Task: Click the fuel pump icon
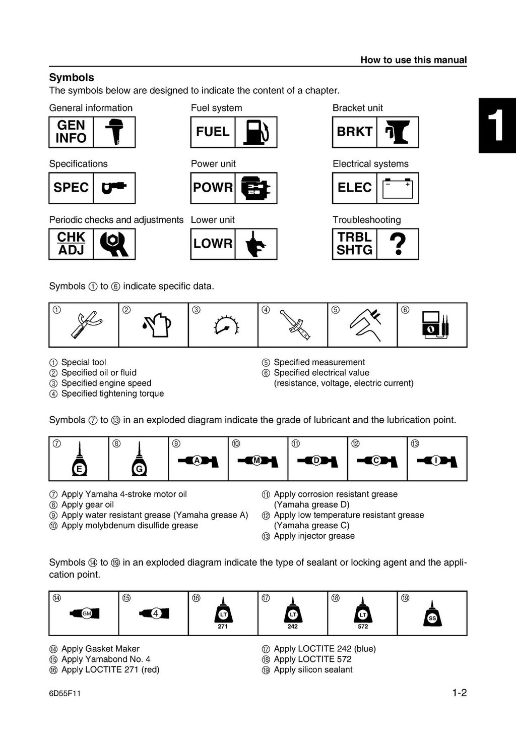click(256, 132)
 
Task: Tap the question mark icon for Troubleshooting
click(398, 244)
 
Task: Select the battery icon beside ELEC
click(398, 188)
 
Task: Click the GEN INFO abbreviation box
click(71, 132)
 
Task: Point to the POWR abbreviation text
click(213, 188)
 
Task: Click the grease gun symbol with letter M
click(257, 460)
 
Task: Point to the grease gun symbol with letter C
click(377, 460)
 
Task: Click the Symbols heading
click(72, 78)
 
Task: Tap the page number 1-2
click(459, 693)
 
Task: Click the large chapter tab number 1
click(496, 126)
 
